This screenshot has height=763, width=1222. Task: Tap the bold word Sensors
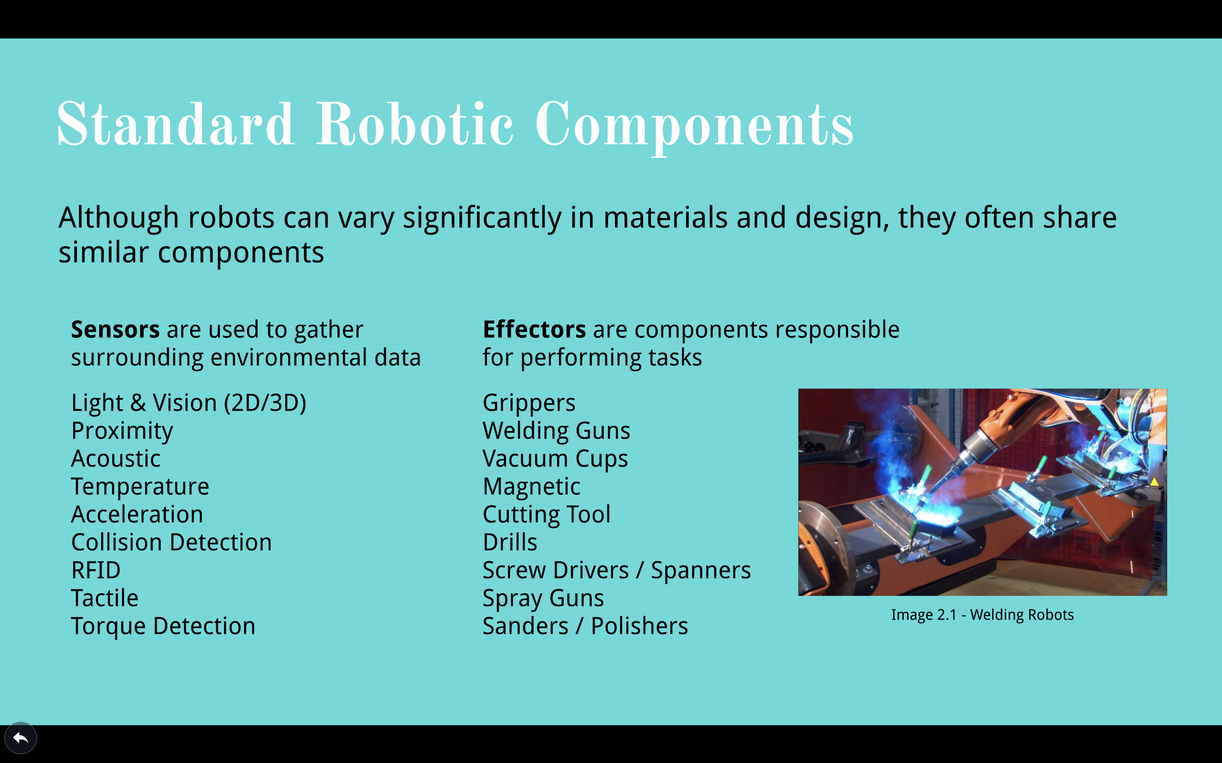(115, 330)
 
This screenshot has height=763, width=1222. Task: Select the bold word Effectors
(534, 330)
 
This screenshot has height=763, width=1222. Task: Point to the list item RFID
(96, 570)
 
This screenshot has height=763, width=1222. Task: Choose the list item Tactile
(104, 598)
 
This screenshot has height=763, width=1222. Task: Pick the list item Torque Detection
(163, 627)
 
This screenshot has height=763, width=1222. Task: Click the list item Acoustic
(116, 459)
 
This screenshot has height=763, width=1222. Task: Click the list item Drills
(510, 542)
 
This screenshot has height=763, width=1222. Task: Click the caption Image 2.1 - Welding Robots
(982, 615)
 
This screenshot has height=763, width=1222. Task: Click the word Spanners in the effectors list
(700, 571)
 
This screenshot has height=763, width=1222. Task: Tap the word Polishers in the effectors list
(639, 626)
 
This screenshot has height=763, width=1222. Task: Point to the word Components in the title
(694, 126)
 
